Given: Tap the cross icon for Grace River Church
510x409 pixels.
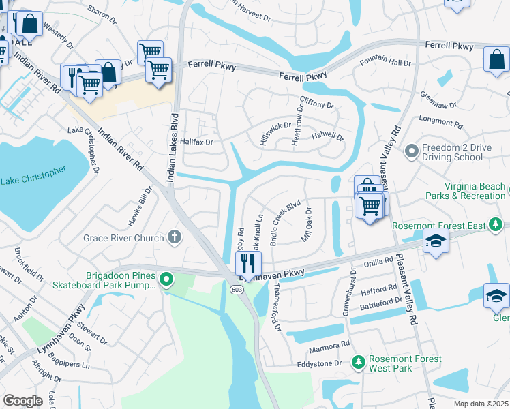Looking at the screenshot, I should pos(175,238).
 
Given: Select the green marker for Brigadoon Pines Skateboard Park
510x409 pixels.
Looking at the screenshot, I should pos(166,279).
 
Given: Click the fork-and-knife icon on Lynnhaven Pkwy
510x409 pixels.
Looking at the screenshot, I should pos(249,262).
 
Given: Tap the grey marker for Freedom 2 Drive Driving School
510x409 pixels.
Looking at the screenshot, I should pos(411,150).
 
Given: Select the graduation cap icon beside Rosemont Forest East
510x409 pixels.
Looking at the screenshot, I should pos(436,241).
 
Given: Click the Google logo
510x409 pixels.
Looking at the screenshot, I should pos(23,400).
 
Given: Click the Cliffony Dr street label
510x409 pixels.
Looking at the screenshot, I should pos(317,106).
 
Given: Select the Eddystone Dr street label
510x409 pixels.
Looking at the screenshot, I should pos(319,364).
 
